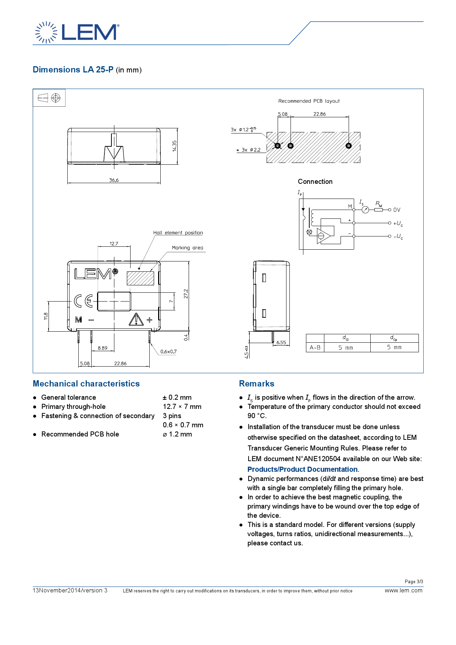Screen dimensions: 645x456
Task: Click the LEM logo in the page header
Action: (77, 32)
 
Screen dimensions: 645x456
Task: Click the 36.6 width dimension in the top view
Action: (114, 180)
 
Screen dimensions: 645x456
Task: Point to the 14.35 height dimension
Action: (175, 146)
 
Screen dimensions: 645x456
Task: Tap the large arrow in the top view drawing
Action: (114, 147)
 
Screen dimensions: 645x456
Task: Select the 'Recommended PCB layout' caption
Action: (309, 101)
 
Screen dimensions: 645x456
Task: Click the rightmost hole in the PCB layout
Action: (349, 146)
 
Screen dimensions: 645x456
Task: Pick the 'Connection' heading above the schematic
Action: (315, 182)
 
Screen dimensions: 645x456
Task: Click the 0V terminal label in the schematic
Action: (397, 210)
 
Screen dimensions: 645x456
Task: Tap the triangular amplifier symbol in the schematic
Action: (324, 236)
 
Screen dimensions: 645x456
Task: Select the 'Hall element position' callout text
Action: (178, 233)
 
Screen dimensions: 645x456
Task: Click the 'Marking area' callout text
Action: (188, 248)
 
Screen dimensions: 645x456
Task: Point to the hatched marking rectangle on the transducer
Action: (140, 278)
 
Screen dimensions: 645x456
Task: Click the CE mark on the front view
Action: (83, 301)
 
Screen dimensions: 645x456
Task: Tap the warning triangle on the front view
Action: (136, 320)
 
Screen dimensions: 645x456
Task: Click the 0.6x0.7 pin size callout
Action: (168, 352)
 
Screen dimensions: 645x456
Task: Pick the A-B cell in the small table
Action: (315, 348)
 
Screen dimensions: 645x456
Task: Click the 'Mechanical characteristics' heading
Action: (86, 384)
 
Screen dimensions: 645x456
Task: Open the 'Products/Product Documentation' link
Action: (302, 469)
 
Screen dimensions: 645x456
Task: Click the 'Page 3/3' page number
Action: (414, 581)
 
